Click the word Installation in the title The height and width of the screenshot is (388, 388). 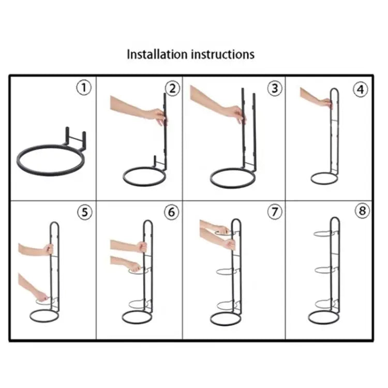[157, 54]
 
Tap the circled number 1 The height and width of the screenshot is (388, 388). [84, 87]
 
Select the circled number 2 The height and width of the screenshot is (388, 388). [172, 88]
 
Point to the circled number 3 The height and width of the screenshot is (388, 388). [275, 88]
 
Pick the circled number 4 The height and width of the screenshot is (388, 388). [360, 89]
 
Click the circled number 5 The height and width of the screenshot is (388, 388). [85, 212]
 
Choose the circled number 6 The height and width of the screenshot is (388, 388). [171, 212]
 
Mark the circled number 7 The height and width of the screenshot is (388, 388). [275, 212]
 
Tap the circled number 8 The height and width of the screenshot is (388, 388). [362, 211]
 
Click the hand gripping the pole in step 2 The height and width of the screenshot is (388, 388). [157, 116]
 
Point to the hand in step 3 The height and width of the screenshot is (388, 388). [236, 114]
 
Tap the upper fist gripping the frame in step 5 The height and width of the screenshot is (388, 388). [48, 249]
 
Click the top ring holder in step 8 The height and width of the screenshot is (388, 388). [324, 234]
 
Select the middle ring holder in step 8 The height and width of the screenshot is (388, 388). [325, 270]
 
